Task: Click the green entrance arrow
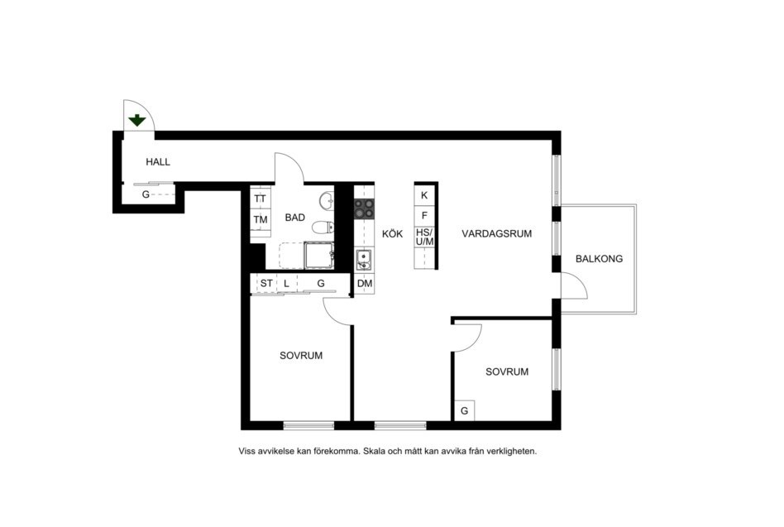point(137,120)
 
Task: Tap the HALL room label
point(158,162)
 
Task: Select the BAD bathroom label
point(295,218)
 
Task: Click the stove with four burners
point(364,208)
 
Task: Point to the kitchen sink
point(364,260)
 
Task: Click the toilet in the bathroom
point(323,228)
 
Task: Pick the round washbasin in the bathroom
point(327,200)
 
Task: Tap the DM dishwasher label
point(365,284)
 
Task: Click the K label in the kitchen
point(424,195)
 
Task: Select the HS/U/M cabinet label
point(425,237)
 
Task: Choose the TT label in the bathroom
point(260,199)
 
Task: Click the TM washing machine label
point(261,219)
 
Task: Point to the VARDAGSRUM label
point(497,233)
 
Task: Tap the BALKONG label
point(599,258)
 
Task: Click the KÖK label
point(393,233)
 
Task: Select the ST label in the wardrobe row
point(266,284)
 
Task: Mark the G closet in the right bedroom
point(465,411)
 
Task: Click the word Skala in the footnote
point(375,451)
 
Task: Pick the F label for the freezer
point(424,216)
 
